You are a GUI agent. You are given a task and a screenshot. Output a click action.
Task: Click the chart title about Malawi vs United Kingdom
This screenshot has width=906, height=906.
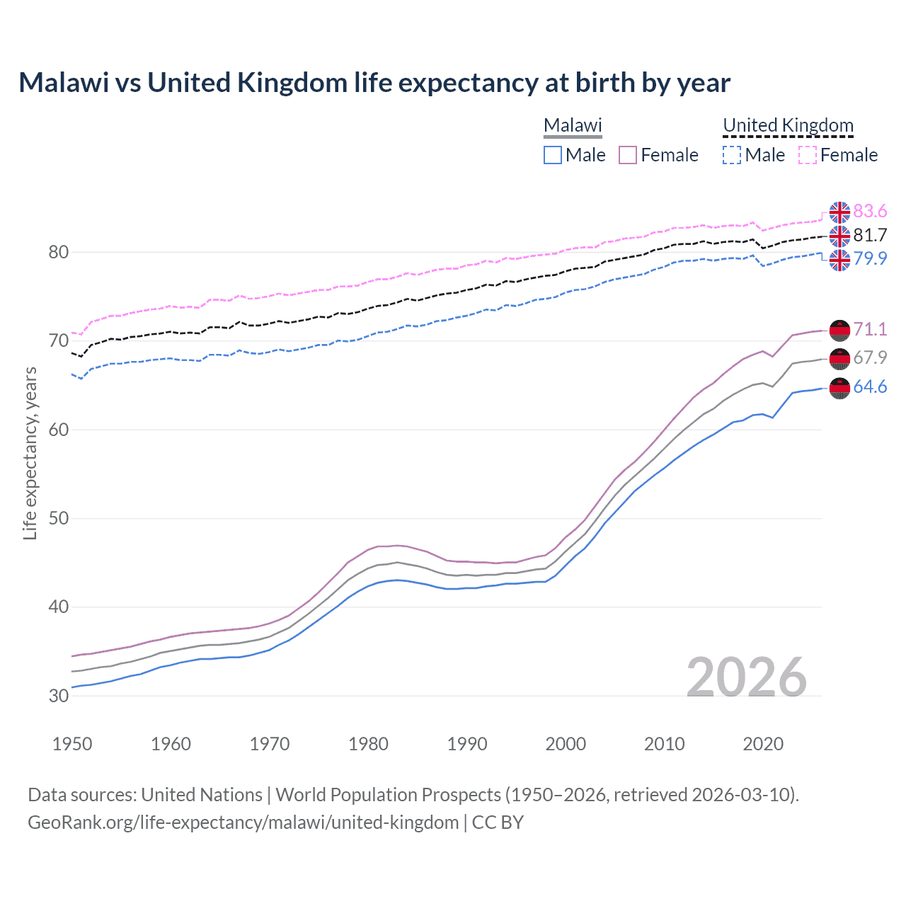click(x=374, y=83)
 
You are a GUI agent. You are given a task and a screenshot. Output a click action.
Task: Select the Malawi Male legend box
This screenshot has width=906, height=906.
click(x=553, y=155)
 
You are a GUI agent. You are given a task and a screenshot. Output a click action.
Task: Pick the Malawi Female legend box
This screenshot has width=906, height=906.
click(x=628, y=155)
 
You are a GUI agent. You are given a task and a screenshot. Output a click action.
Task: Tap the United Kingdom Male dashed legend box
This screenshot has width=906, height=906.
click(x=732, y=155)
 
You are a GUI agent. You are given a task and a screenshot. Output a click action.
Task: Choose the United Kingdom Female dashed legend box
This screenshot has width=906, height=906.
click(x=808, y=155)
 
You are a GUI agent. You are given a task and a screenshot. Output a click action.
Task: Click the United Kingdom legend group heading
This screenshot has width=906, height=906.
click(x=788, y=125)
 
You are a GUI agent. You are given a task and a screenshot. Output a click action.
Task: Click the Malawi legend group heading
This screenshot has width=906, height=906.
click(x=573, y=125)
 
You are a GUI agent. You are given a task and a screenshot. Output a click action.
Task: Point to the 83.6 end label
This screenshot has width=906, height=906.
click(x=870, y=212)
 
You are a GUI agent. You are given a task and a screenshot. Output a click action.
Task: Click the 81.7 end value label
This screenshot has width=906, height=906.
click(x=870, y=235)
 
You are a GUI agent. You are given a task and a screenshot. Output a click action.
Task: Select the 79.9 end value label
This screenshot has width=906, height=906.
click(x=870, y=258)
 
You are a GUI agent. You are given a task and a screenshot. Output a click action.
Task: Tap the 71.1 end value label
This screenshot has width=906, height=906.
click(x=870, y=329)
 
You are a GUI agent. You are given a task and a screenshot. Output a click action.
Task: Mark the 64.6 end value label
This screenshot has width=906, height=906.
click(x=870, y=387)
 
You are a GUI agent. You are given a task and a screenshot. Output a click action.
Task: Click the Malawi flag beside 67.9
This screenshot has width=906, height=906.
click(x=839, y=359)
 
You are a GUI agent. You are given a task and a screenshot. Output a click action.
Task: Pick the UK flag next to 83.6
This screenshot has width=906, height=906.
click(x=839, y=212)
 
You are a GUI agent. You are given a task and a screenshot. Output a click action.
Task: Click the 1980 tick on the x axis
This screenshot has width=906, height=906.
click(x=368, y=744)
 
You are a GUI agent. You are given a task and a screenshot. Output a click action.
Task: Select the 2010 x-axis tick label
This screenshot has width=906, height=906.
click(x=664, y=744)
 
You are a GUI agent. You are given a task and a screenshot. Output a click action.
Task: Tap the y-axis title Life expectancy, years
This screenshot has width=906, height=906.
click(x=30, y=453)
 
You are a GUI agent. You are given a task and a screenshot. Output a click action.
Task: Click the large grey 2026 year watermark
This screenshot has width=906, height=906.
click(x=746, y=677)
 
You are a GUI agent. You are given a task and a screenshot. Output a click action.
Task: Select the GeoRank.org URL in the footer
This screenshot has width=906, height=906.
click(x=243, y=822)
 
